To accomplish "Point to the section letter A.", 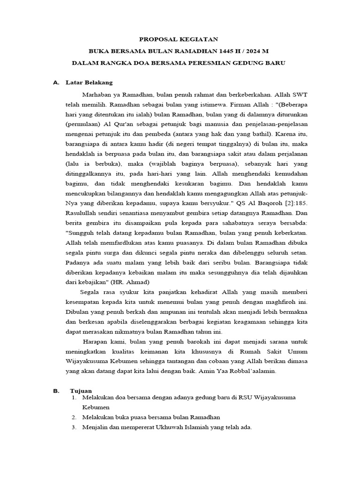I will (x=56, y=83).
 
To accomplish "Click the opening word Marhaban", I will (x=96, y=94).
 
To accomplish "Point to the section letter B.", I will (x=56, y=391).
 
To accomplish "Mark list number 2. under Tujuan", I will (x=74, y=417).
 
